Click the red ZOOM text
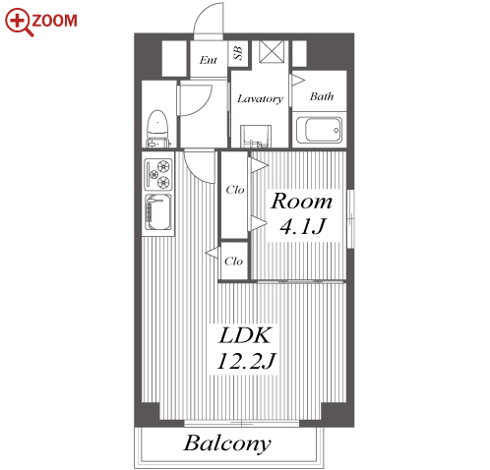click(54, 21)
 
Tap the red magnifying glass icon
click(19, 22)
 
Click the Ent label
click(209, 60)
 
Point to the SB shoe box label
click(238, 53)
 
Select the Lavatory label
click(260, 98)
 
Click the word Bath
click(322, 96)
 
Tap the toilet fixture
click(157, 129)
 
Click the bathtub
click(319, 130)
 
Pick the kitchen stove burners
click(158, 174)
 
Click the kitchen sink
click(158, 212)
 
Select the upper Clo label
click(235, 190)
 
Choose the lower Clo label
click(233, 262)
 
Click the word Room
click(301, 201)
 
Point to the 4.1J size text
click(303, 226)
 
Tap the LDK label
click(245, 335)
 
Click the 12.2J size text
click(246, 361)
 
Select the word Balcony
click(227, 443)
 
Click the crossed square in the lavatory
click(272, 51)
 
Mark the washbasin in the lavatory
click(256, 137)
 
